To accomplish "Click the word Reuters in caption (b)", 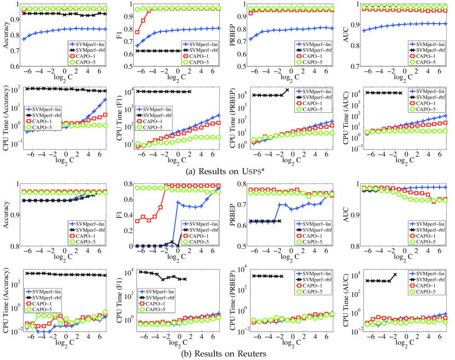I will coord(248,353).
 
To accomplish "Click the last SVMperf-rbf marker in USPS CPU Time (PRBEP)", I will coord(288,90).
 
